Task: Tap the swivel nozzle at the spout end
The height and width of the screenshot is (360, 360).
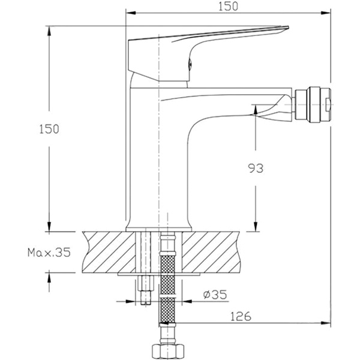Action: [313, 103]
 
